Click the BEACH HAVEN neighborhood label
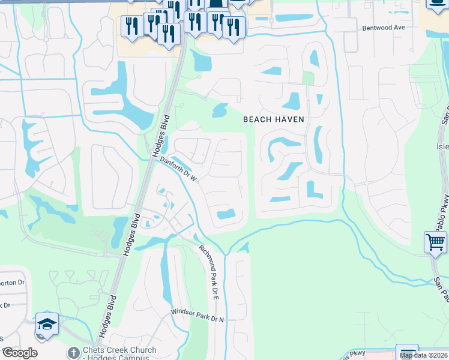(274, 119)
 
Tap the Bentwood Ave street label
(384, 28)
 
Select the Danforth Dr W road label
(179, 169)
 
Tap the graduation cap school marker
(47, 325)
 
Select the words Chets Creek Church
(120, 350)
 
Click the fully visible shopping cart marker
(436, 242)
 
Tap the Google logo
(20, 353)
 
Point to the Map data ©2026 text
(424, 355)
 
